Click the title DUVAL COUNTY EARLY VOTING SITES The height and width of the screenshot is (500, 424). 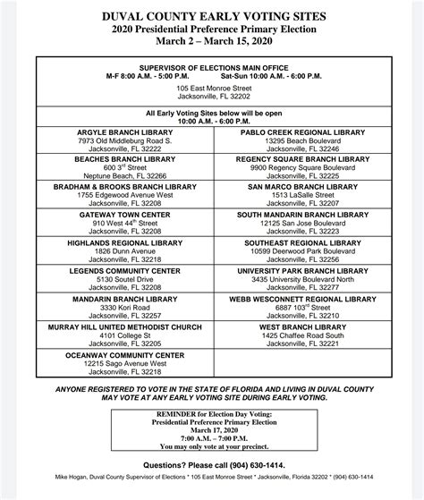point(212,15)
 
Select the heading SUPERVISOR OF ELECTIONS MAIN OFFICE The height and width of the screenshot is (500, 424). point(211,66)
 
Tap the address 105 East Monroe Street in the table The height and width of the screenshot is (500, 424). point(211,91)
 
